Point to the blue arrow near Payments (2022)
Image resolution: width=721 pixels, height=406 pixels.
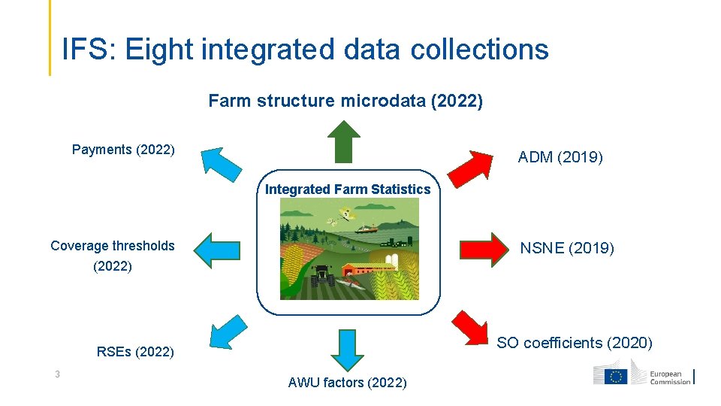pyautogui.click(x=218, y=165)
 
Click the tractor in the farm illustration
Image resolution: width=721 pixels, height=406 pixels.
pyautogui.click(x=322, y=276)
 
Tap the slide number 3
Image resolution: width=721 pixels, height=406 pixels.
pyautogui.click(x=56, y=374)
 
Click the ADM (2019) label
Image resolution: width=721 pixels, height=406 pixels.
pyautogui.click(x=560, y=158)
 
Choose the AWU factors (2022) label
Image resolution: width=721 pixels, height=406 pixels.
pyautogui.click(x=347, y=383)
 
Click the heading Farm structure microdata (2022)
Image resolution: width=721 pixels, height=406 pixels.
pyautogui.click(x=345, y=101)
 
